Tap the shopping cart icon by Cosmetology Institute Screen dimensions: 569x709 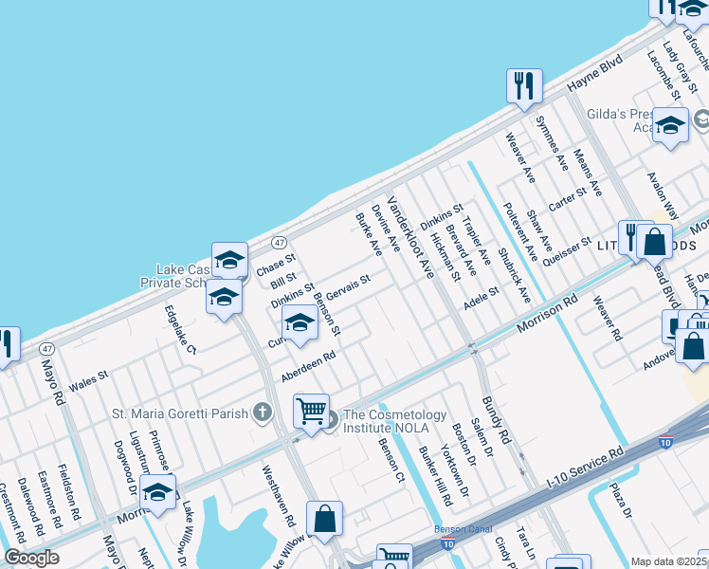(x=311, y=411)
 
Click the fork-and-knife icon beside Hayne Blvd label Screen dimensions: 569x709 (x=523, y=86)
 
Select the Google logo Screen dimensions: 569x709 (x=31, y=558)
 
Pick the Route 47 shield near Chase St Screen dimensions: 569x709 (x=281, y=243)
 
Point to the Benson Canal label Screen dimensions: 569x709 (x=459, y=529)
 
